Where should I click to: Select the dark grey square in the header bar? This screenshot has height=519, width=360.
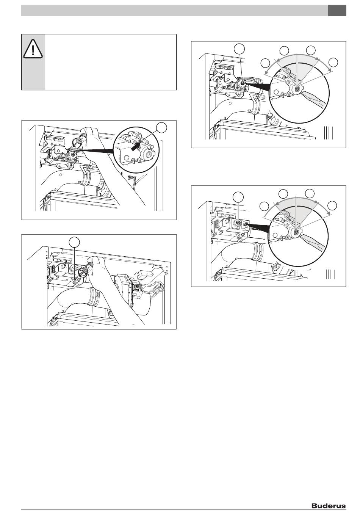(x=337, y=11)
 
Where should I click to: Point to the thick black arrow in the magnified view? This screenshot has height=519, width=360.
(x=136, y=147)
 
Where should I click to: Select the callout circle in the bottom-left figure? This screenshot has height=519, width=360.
(x=74, y=241)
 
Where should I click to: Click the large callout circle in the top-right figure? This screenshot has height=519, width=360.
(x=239, y=50)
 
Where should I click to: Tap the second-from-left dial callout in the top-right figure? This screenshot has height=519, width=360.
(x=284, y=51)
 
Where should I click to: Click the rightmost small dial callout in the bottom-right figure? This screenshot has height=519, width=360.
(x=332, y=206)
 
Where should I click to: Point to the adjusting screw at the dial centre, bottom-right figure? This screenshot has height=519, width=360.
(x=296, y=232)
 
